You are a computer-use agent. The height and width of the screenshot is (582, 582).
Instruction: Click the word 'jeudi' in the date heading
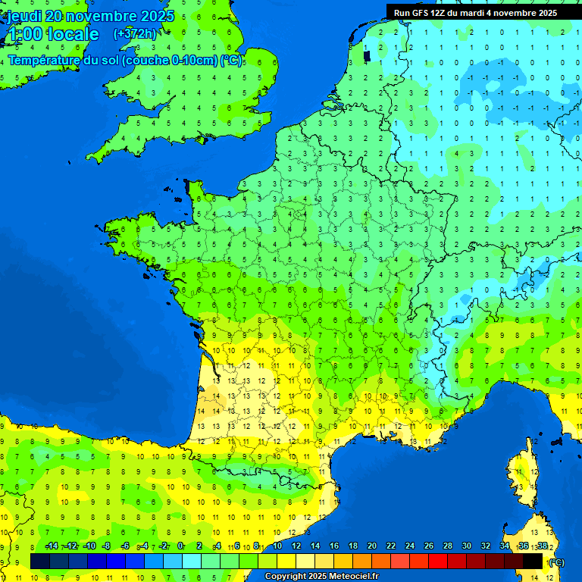tap(26, 16)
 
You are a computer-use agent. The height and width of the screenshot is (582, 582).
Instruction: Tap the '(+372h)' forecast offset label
tap(135, 33)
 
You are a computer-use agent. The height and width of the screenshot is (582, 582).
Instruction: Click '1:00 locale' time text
tap(52, 34)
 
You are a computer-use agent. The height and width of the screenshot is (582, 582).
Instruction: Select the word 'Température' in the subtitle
tap(44, 61)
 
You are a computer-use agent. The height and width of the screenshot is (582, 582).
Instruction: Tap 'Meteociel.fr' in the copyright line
tap(353, 577)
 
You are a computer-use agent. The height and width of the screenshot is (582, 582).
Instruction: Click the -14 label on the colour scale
tap(52, 546)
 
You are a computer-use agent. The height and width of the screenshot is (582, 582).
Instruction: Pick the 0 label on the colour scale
tap(180, 546)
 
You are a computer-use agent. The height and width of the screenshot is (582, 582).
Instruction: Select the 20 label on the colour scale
tap(371, 546)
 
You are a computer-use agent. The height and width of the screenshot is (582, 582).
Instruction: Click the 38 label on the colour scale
tap(542, 546)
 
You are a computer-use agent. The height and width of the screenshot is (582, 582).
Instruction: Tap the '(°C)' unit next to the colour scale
tap(555, 562)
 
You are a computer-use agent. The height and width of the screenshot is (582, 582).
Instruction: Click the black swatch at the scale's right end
tap(533, 561)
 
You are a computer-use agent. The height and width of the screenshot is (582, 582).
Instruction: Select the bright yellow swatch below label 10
tap(286, 561)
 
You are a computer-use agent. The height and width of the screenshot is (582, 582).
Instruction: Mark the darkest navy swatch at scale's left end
tap(40, 561)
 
